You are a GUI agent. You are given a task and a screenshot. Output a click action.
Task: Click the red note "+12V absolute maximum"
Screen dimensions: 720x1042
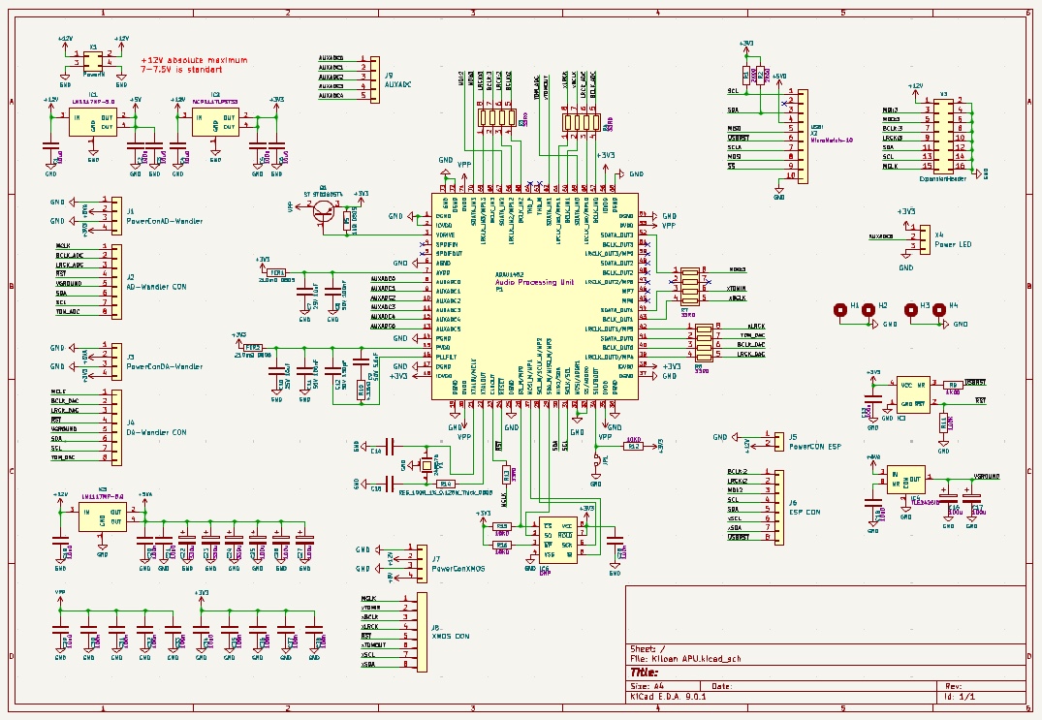click(x=194, y=59)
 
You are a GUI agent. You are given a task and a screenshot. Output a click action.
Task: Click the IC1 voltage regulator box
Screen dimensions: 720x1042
click(x=93, y=122)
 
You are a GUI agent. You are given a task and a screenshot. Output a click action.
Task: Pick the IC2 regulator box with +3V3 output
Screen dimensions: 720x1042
click(x=215, y=122)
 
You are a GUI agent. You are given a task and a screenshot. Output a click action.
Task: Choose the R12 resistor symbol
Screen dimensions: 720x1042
click(x=634, y=447)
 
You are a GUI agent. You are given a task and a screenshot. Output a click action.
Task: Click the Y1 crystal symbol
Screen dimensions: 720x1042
click(x=426, y=465)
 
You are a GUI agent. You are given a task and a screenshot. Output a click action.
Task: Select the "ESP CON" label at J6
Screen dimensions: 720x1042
click(x=805, y=512)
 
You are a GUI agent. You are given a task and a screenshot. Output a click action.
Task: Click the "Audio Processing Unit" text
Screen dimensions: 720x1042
click(x=533, y=281)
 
